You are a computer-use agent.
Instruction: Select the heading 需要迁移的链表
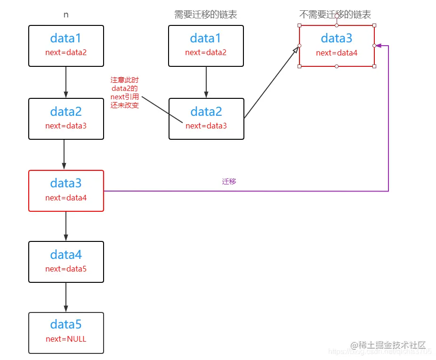click(206, 15)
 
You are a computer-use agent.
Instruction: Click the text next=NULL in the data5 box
click(66, 339)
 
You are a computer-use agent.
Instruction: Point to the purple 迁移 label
click(229, 181)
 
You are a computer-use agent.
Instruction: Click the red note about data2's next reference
click(125, 93)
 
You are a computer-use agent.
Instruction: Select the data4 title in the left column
click(66, 255)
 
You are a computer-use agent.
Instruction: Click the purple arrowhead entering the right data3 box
click(378, 46)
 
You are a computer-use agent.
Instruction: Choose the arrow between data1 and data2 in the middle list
click(206, 82)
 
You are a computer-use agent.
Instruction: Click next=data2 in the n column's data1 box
click(66, 52)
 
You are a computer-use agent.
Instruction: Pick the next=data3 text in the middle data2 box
click(206, 126)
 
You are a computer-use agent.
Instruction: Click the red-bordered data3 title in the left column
click(66, 183)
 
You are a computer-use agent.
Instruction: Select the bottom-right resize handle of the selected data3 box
click(374, 66)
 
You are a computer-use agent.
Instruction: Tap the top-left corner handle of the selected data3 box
click(299, 25)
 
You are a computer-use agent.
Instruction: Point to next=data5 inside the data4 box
click(66, 269)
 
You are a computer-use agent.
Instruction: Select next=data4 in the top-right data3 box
click(337, 53)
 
